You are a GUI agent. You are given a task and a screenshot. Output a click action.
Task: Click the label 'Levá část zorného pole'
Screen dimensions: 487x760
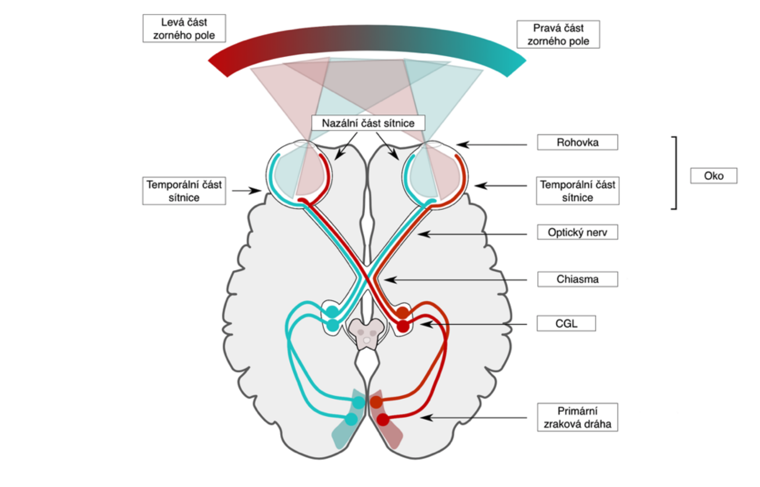[184, 29]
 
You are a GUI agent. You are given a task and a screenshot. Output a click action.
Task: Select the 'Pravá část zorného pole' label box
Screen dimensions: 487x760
[558, 34]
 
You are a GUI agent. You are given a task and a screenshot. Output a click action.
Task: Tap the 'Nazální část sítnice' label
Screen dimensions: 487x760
[368, 123]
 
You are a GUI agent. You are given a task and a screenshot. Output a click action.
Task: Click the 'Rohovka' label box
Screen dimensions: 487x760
[577, 143]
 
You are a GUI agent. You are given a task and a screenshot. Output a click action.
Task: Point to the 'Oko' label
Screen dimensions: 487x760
[713, 176]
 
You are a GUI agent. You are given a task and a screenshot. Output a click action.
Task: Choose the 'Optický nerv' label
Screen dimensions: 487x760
[577, 232]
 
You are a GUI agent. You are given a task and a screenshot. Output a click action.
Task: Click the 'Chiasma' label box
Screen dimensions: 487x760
[577, 279]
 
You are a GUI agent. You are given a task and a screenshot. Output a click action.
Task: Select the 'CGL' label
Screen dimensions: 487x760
[566, 323]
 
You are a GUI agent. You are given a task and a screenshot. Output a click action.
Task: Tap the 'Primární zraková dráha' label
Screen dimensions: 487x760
[577, 417]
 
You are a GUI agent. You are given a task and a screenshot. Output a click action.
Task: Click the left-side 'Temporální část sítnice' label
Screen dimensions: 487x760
[184, 191]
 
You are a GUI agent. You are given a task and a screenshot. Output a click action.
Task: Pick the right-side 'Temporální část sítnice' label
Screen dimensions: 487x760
[577, 191]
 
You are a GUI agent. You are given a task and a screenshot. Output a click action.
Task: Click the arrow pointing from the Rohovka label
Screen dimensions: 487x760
[492, 145]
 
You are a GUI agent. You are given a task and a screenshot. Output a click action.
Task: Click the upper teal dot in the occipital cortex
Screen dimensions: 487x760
[358, 402]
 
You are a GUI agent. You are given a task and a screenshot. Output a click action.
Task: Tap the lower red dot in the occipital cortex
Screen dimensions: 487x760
[383, 419]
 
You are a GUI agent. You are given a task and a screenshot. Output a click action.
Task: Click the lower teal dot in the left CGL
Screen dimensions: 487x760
[333, 326]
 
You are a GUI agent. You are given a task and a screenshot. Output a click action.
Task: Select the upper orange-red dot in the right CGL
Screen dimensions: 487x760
[402, 312]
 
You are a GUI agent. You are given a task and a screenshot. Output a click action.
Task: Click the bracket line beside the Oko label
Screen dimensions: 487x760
[676, 172]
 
